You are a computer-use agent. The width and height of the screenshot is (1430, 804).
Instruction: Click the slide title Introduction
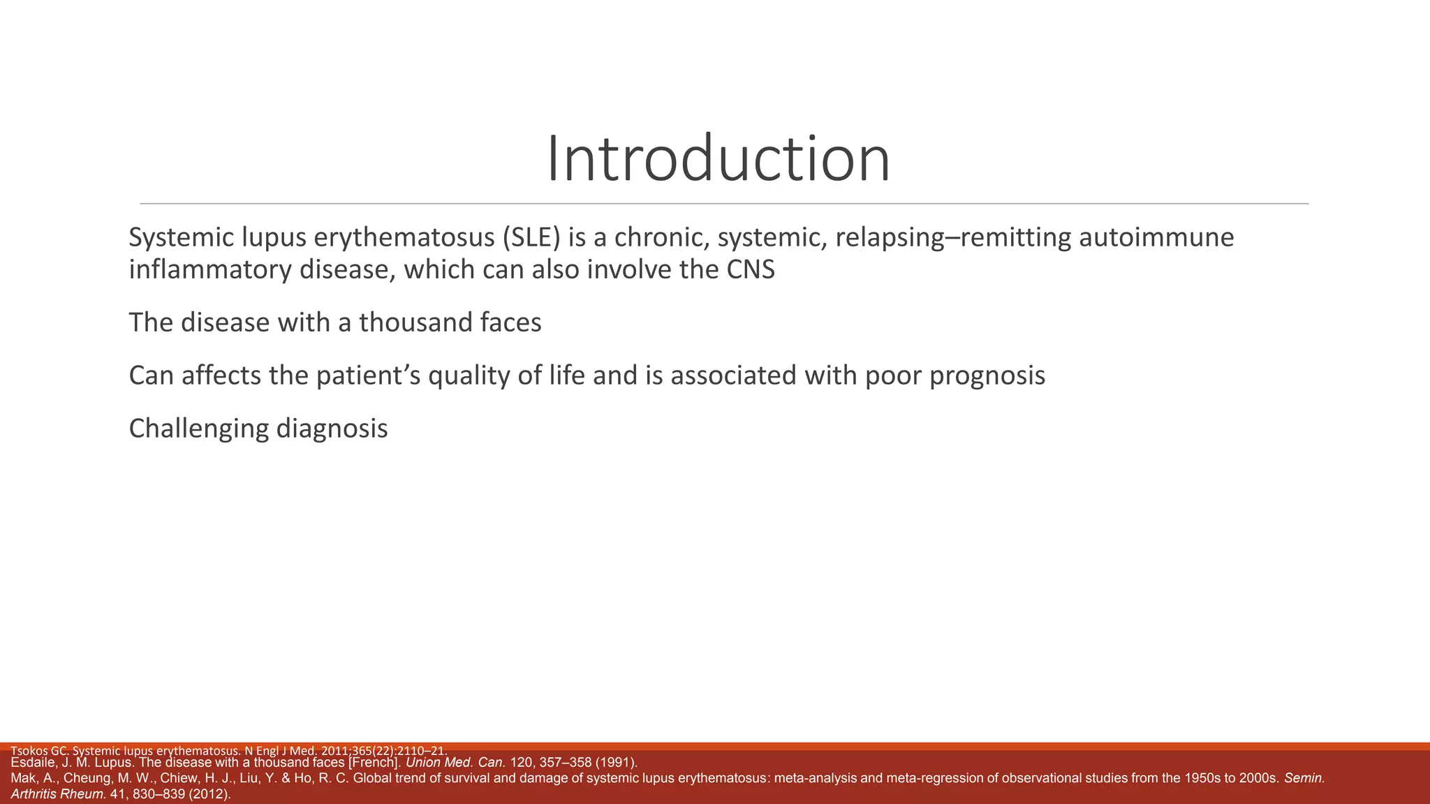coord(718,159)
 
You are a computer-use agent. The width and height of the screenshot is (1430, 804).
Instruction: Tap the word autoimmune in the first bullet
coord(1156,238)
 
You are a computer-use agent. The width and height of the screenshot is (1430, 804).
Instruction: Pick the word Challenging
coord(199,429)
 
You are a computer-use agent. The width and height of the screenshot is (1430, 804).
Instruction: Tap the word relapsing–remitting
coord(953,238)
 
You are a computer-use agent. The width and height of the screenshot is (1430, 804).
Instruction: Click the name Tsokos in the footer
coord(29,751)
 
